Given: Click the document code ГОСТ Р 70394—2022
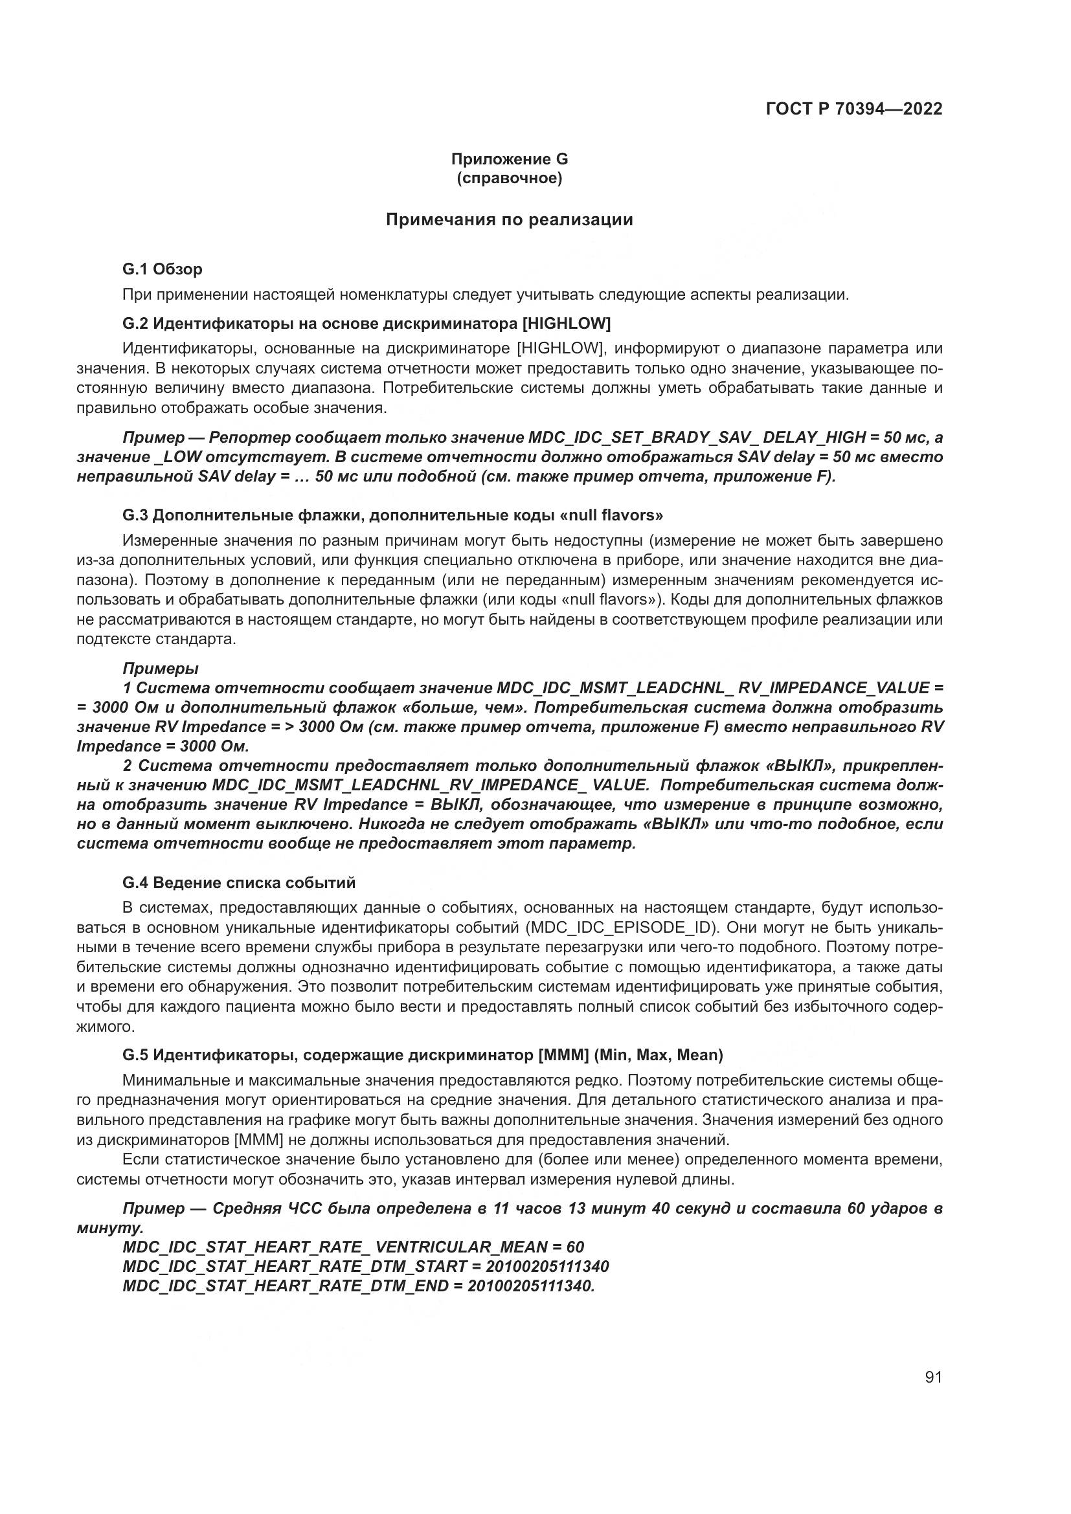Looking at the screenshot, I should coord(854,109).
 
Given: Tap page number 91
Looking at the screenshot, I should coord(933,1377).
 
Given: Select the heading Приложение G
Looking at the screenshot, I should coord(509,159).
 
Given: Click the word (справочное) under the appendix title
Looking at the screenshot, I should coord(509,178).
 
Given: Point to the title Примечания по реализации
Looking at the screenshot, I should coord(509,219).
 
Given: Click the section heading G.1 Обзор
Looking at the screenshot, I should coord(163,269).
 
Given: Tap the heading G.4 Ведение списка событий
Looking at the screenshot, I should coord(239,882).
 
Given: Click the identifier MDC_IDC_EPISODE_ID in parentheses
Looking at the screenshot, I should coord(622,927).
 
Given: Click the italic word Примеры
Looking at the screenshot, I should coord(160,669).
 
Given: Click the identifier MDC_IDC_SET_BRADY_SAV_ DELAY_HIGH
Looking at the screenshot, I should coord(697,437).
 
